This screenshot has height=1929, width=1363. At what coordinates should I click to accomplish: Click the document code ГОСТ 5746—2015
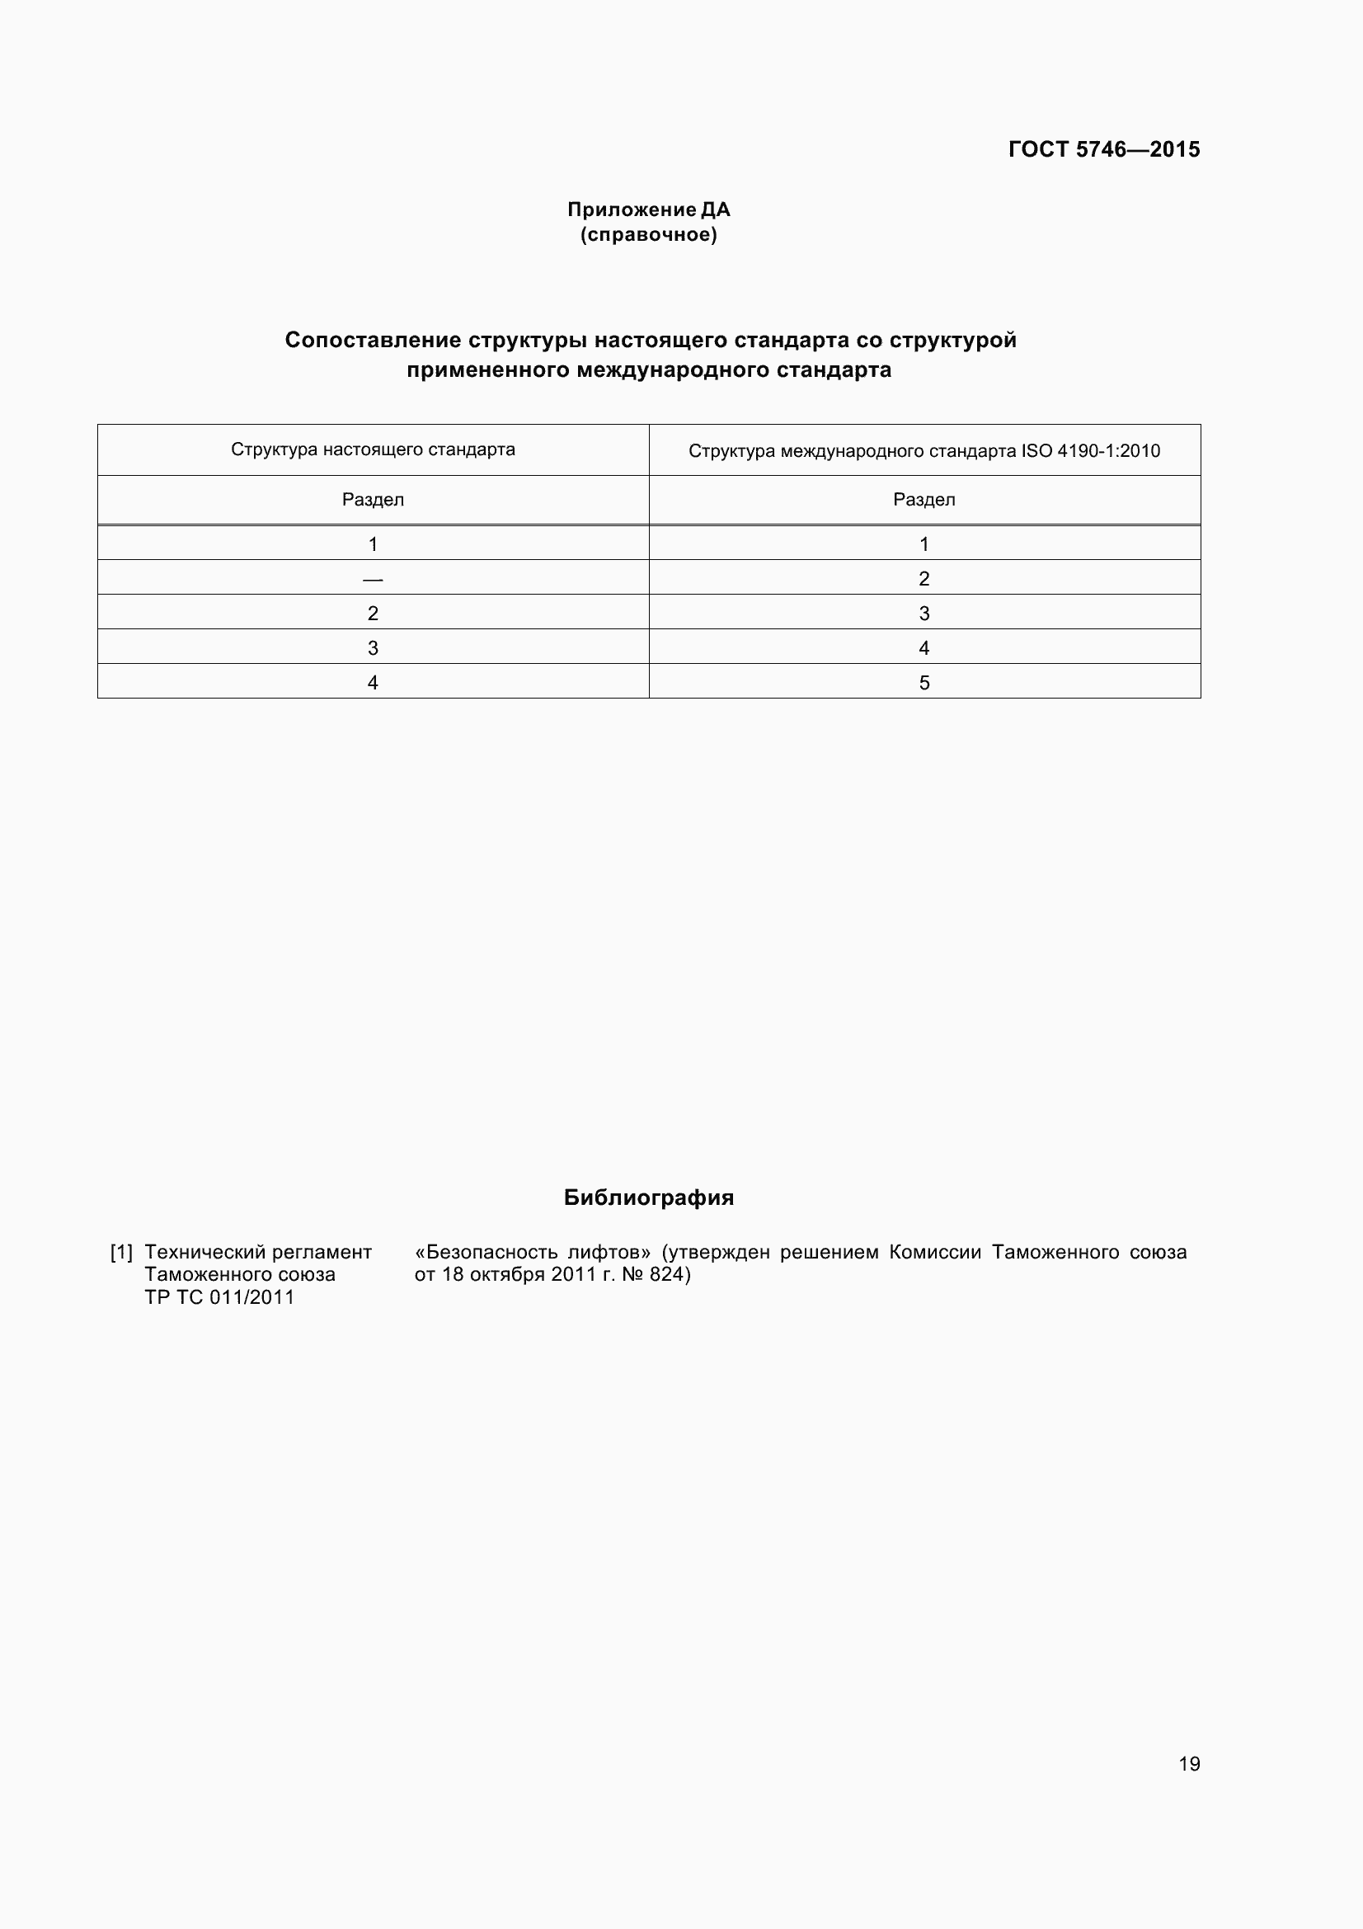[x=1103, y=149]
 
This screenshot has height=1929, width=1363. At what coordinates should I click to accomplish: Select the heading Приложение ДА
[x=648, y=209]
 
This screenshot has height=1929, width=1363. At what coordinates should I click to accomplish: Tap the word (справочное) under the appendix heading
[x=648, y=234]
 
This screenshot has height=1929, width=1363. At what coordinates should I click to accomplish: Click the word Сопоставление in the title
[x=373, y=341]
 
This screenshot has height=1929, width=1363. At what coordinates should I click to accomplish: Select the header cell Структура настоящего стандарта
[x=373, y=449]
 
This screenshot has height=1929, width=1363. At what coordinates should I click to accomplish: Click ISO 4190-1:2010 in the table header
[x=1090, y=451]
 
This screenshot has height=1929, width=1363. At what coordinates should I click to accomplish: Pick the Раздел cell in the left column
[x=373, y=500]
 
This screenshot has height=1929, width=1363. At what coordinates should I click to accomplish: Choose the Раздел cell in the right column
[x=924, y=500]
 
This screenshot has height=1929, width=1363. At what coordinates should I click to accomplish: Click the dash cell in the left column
[x=373, y=579]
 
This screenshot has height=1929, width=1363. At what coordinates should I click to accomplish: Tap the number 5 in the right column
[x=924, y=682]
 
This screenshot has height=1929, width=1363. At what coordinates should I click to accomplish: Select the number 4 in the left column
[x=373, y=682]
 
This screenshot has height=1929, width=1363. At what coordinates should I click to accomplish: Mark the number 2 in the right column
[x=924, y=579]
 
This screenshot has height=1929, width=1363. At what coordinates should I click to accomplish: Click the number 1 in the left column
[x=373, y=544]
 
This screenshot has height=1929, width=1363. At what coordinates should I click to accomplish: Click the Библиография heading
[x=648, y=1197]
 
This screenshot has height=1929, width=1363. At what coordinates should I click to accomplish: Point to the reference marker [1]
[x=122, y=1252]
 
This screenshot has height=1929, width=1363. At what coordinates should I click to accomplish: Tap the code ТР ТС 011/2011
[x=219, y=1297]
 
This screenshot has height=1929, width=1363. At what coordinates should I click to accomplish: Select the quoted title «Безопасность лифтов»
[x=533, y=1252]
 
